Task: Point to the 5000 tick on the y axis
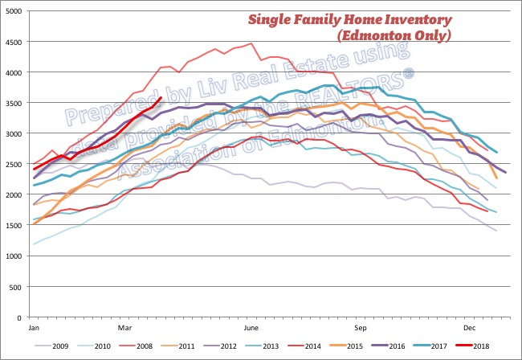click(15, 11)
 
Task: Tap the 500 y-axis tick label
click(18, 288)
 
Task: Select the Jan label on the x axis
click(34, 329)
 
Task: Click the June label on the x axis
click(250, 329)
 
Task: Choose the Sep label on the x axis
click(361, 329)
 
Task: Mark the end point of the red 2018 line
click(161, 98)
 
